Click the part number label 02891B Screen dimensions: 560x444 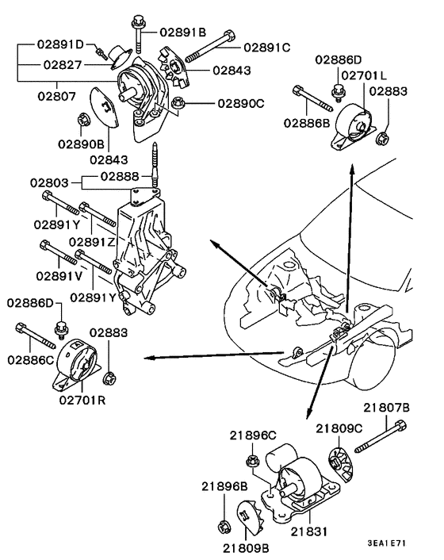(x=183, y=33)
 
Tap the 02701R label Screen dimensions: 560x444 (x=82, y=401)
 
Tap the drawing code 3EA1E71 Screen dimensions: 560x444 (x=388, y=543)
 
